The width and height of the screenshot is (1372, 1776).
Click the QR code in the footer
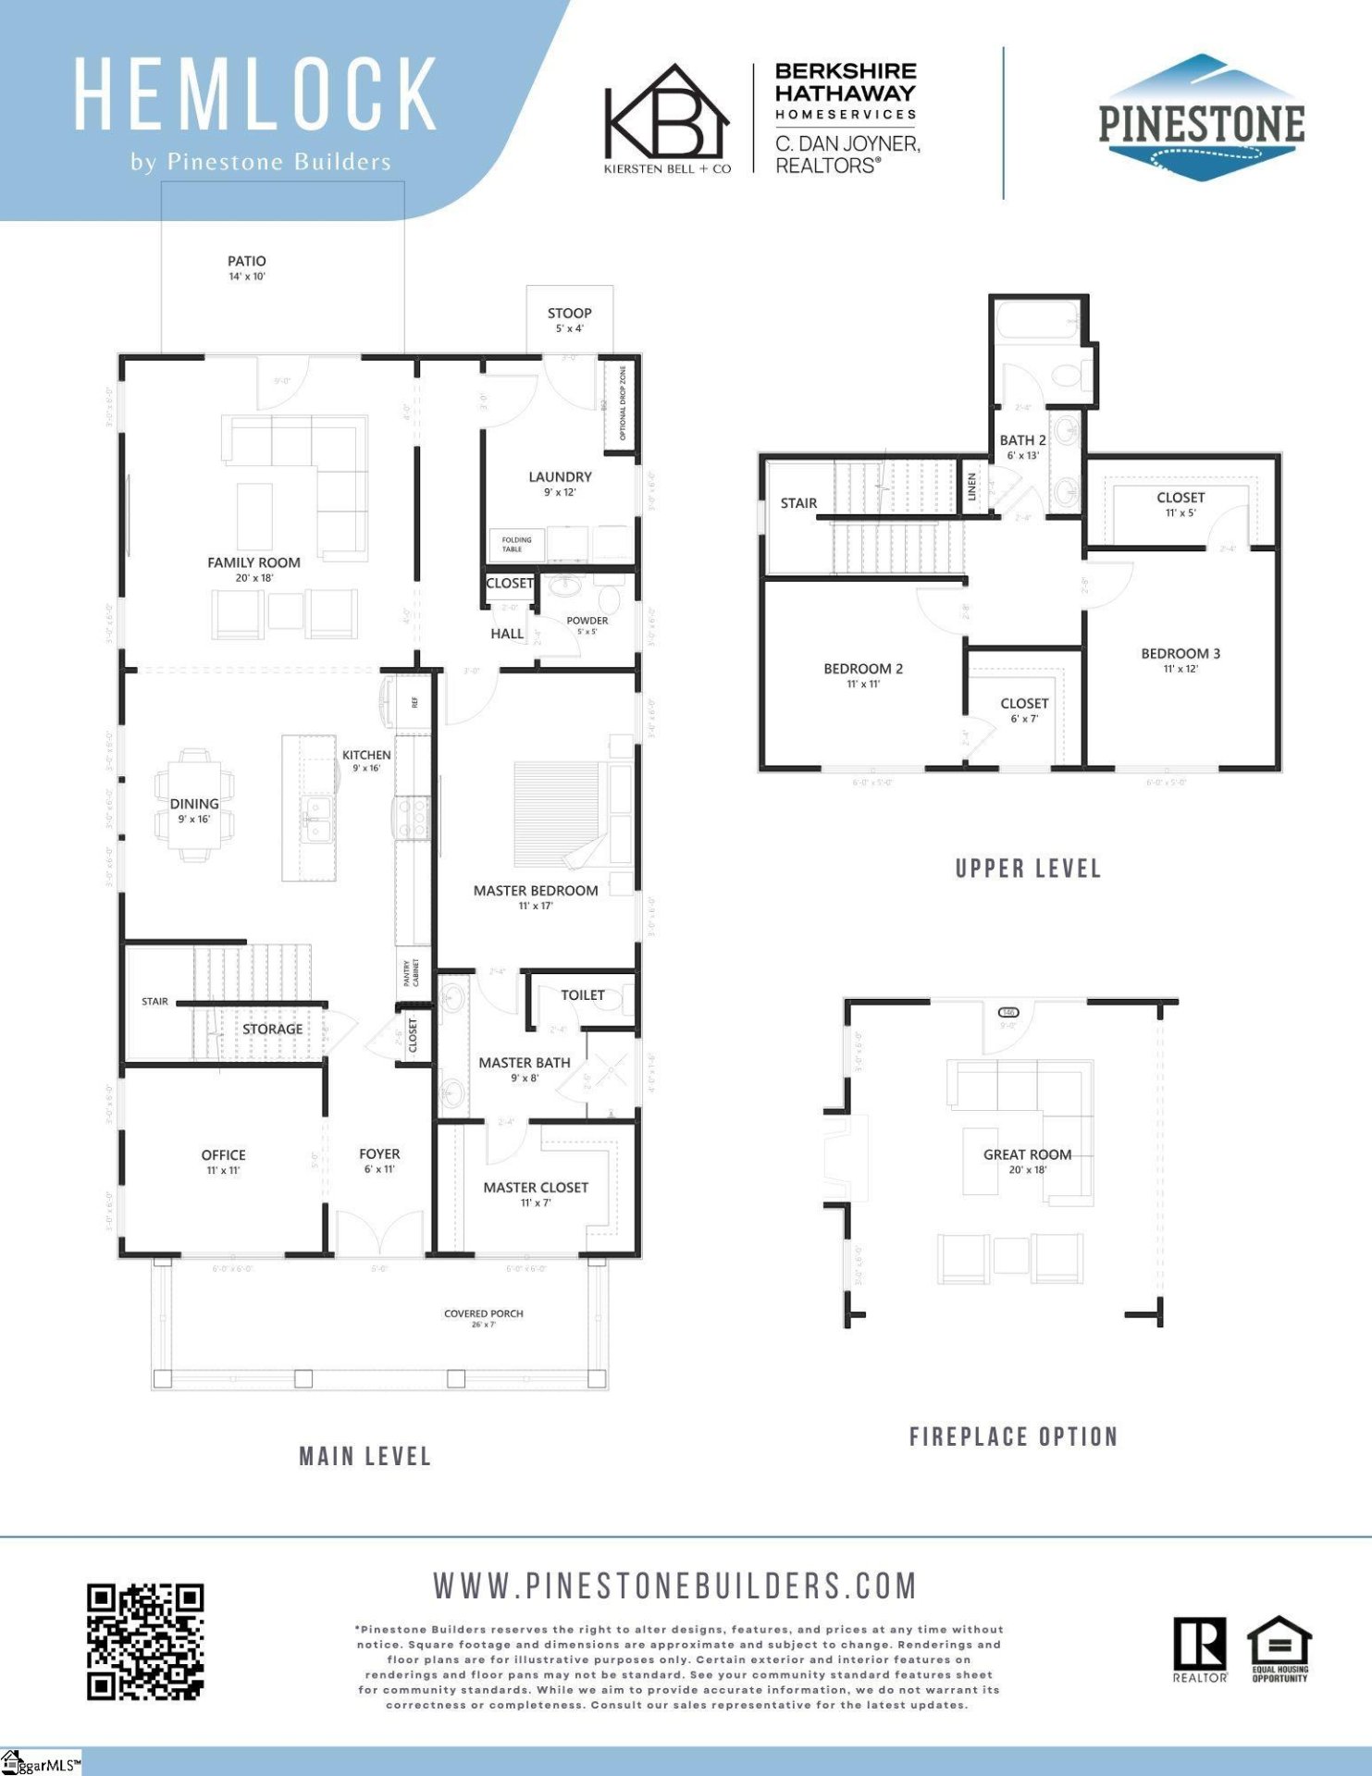point(145,1641)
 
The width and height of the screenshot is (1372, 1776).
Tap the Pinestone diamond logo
point(1201,118)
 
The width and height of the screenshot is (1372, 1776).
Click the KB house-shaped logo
point(666,113)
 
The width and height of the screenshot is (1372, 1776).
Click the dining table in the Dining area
point(194,805)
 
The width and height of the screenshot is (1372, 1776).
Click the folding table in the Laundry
point(515,544)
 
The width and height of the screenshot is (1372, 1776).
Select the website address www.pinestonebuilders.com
point(674,1585)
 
